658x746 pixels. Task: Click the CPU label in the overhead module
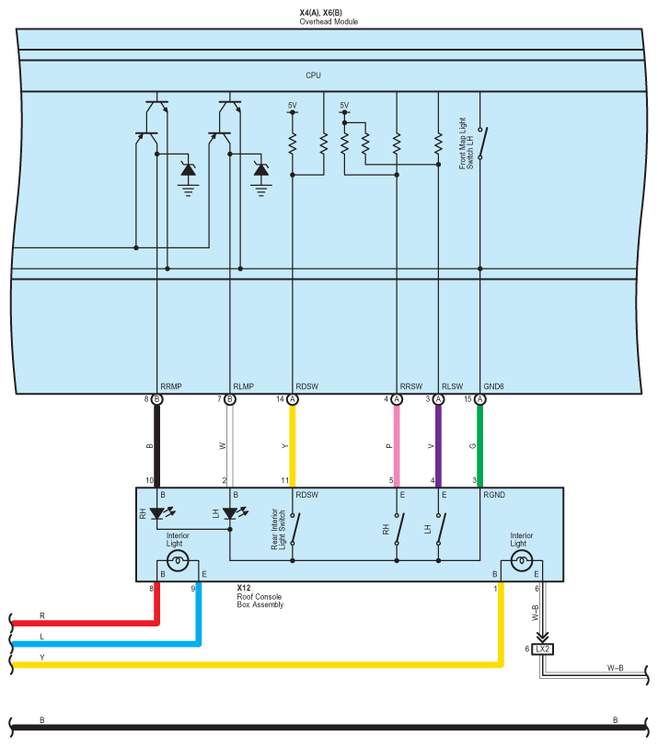314,75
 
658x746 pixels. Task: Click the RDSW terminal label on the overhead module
306,387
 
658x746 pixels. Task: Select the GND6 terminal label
495,387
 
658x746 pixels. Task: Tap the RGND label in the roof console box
495,494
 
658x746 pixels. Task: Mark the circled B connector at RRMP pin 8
157,399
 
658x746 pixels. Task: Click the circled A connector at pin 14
293,399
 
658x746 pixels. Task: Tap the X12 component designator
244,587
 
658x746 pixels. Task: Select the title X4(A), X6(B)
329,12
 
